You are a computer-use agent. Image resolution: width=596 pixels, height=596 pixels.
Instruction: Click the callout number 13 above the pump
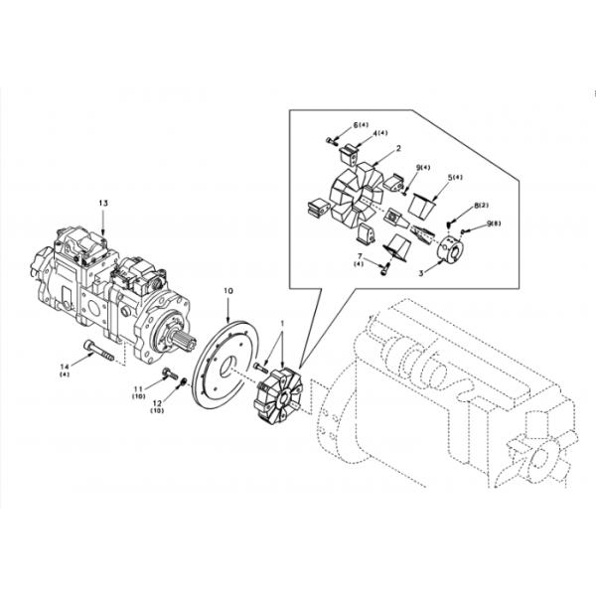coord(102,203)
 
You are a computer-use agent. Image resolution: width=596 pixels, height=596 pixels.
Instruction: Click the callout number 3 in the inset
coord(420,269)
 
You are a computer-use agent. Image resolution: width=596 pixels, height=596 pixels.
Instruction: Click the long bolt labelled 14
coord(100,352)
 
